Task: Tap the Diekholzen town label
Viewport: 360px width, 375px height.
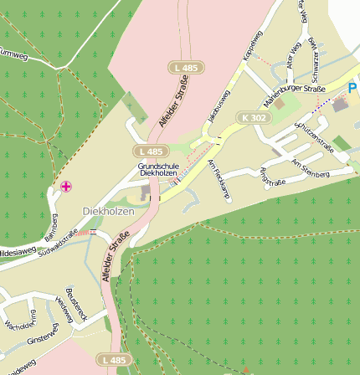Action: point(108,212)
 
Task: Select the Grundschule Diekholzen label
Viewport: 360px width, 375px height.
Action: point(158,170)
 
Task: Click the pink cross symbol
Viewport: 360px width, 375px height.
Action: point(66,185)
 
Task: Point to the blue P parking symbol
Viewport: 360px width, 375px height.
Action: point(352,87)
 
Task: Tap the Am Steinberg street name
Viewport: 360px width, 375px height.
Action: point(311,167)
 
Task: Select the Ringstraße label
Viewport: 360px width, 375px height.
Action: point(273,177)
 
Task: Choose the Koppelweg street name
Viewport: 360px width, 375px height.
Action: point(251,45)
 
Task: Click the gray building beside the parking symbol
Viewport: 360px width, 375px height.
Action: point(340,105)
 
